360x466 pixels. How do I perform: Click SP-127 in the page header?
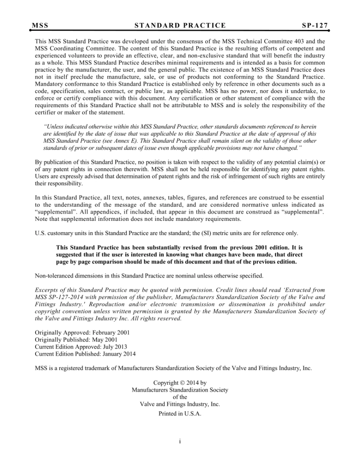[x=315, y=26]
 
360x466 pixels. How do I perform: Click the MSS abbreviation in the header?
[x=40, y=26]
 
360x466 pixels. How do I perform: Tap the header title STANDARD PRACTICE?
[x=180, y=26]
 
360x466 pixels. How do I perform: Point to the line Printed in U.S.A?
[x=180, y=414]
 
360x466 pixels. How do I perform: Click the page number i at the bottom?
[x=180, y=441]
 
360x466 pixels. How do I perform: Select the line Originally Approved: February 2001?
[x=82, y=332]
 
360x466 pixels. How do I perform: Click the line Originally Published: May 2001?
[x=76, y=339]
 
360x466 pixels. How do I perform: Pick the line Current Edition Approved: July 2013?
[x=81, y=347]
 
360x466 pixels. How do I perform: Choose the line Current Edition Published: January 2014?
[x=85, y=354]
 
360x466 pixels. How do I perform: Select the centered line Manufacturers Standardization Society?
[x=180, y=390]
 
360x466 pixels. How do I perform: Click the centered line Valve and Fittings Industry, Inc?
[x=180, y=404]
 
